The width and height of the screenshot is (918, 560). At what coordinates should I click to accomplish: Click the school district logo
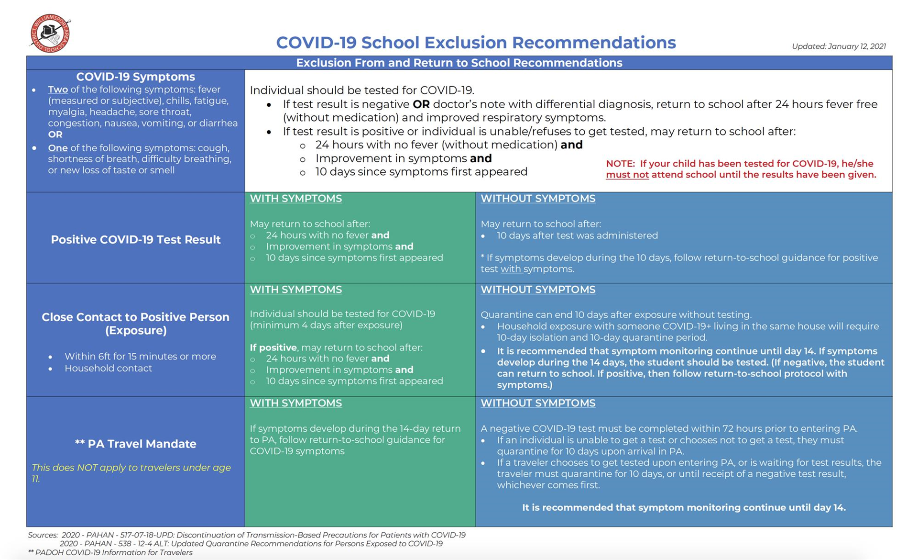click(50, 33)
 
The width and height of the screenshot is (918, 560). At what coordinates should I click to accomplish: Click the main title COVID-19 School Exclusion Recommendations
click(476, 43)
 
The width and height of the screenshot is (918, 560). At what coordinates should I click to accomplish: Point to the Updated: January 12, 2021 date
click(839, 46)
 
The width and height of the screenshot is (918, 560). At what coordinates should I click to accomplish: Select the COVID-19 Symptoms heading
click(135, 77)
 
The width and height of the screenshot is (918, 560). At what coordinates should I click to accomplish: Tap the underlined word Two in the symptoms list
click(58, 90)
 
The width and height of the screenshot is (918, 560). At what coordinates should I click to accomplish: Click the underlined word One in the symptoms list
click(57, 148)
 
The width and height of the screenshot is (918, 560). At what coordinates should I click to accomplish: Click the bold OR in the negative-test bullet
click(421, 104)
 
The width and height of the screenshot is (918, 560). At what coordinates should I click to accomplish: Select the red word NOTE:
click(620, 164)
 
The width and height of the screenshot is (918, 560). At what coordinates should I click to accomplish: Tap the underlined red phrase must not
click(627, 175)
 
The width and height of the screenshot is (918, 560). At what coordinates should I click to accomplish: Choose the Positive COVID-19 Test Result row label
click(135, 239)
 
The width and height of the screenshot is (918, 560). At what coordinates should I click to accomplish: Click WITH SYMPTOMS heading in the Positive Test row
click(295, 199)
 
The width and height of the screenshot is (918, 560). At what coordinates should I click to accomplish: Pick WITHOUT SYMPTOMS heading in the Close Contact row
click(538, 290)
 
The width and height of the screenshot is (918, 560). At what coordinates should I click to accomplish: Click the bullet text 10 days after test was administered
click(577, 235)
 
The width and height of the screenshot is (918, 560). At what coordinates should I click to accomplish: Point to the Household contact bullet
click(108, 368)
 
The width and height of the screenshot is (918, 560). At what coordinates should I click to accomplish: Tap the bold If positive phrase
click(273, 347)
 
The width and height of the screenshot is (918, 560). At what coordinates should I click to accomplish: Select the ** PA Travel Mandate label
click(135, 444)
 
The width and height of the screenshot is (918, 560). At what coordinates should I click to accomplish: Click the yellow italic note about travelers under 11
click(131, 473)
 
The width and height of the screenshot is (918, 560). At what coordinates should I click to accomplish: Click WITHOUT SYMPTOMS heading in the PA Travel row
click(538, 403)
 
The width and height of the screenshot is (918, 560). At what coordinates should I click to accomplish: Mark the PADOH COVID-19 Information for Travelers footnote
click(110, 552)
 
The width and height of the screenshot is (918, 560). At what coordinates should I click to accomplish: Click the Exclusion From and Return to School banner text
click(459, 63)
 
